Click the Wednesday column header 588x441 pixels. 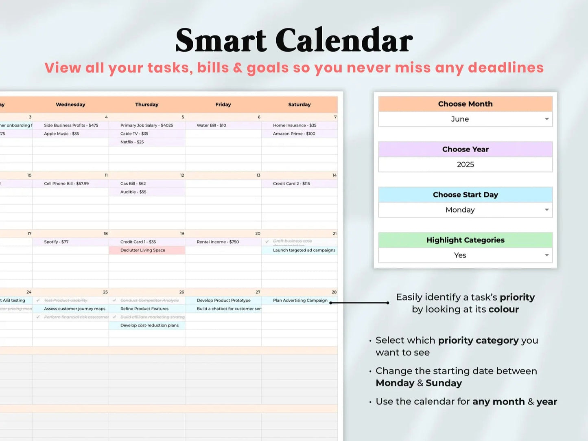point(70,105)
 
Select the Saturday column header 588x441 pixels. point(299,105)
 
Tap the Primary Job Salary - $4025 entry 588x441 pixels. point(146,125)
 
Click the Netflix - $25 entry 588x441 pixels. point(132,142)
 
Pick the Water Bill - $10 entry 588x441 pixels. point(211,125)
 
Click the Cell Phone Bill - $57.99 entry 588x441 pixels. point(66,184)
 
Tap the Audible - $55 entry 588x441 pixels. point(133,192)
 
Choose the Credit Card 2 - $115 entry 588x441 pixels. point(291,184)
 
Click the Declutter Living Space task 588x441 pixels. point(143,250)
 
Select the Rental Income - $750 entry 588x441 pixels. point(218,242)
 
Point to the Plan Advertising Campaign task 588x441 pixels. point(300,301)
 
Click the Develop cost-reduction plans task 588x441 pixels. point(149,325)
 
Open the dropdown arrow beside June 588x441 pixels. point(546,119)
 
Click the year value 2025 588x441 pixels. point(465,165)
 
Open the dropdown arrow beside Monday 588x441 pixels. point(546,210)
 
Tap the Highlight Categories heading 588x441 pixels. point(465,240)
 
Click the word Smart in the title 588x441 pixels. point(221,41)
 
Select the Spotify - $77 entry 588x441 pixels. point(56,242)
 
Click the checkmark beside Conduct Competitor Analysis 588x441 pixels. point(114,301)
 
